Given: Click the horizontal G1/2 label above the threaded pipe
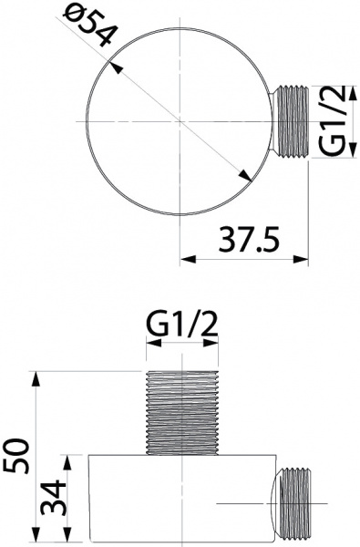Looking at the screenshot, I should tap(183, 323).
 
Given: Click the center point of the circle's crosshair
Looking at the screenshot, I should tap(181, 121).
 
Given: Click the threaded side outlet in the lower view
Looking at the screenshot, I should tap(295, 505).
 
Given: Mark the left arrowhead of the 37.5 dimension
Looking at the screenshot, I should tap(187, 260).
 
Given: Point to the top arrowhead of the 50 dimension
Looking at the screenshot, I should tap(37, 376).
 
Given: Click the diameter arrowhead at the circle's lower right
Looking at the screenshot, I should tap(248, 181).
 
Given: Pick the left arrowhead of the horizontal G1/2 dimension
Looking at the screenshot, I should tap(152, 345).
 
